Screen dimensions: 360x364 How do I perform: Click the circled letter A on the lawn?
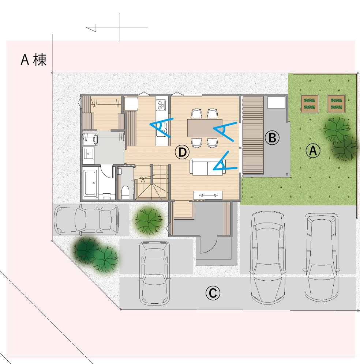point(313,151)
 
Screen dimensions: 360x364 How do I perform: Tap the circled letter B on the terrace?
point(272,138)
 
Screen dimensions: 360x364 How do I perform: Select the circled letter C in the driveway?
point(213,293)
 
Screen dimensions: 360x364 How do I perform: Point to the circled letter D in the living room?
point(182,152)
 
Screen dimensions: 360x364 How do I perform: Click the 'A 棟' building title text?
point(34,60)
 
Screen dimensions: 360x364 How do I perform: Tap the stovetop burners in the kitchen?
point(161,105)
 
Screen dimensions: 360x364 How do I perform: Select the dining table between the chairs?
point(205,128)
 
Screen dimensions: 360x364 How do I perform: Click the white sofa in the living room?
point(207,167)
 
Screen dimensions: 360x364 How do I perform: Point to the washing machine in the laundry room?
point(90,139)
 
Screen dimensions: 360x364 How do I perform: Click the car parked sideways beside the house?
point(86,220)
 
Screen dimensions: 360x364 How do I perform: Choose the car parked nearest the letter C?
point(154,273)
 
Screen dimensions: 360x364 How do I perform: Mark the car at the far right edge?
point(322,257)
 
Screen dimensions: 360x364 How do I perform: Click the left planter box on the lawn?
point(310,104)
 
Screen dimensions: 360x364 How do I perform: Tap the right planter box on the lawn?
point(336,104)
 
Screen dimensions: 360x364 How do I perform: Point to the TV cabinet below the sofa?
point(208,195)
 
